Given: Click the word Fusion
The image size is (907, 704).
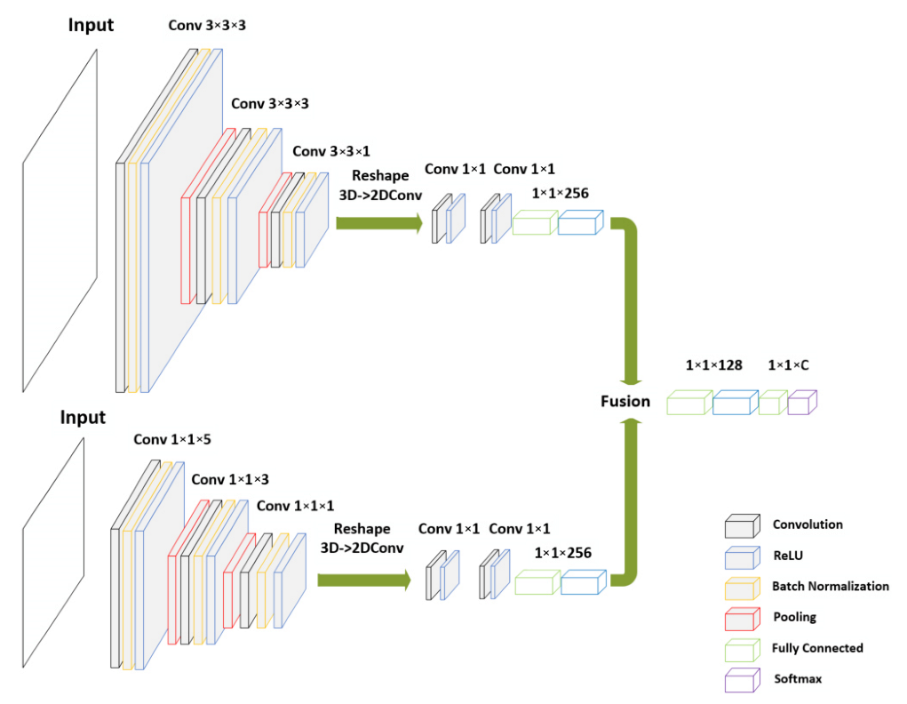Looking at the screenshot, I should (625, 401).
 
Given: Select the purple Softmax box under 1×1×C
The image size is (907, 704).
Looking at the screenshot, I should (801, 403).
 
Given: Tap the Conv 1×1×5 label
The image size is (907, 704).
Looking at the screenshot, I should (172, 439).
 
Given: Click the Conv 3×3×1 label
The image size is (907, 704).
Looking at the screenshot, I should (331, 151).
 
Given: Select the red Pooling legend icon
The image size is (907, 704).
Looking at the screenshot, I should (742, 618).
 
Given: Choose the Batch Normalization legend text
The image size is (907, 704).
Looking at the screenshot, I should (830, 586).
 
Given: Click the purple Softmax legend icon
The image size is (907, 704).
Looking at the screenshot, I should (742, 680).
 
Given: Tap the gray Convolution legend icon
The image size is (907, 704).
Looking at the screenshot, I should (742, 526).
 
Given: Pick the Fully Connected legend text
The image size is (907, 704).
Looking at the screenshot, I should (817, 648).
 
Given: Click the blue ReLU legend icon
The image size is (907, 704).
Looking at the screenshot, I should (742, 556).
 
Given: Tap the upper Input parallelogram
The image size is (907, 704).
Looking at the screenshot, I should (60, 220).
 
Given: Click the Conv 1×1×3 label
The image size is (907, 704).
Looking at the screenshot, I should (230, 479).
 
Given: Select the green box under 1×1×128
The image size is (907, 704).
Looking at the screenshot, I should (689, 404).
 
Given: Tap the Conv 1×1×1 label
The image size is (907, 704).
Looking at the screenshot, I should (296, 506).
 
